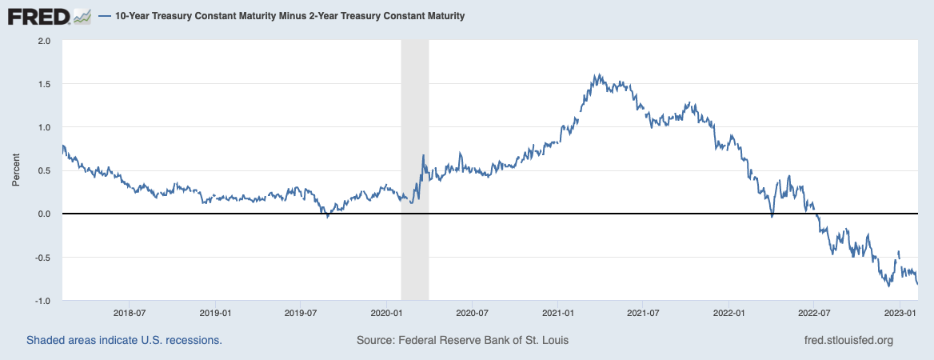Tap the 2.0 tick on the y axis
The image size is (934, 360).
(44, 40)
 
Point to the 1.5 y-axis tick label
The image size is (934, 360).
(44, 84)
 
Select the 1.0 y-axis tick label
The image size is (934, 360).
(44, 127)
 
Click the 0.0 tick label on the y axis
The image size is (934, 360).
(44, 214)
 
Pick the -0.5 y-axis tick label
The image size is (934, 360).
(42, 258)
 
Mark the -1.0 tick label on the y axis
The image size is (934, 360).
(42, 301)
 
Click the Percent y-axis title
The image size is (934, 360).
(15, 170)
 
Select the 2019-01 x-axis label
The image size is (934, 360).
(215, 312)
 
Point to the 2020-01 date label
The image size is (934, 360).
(386, 312)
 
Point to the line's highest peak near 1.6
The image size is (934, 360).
(596, 75)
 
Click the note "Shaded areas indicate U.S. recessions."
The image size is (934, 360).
(124, 340)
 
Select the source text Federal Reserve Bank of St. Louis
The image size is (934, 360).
(462, 340)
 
